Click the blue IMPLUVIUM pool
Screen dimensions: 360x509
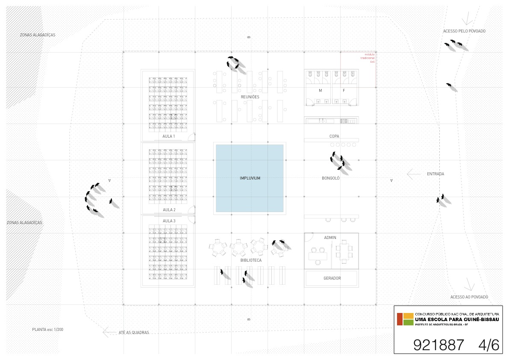point(250,178)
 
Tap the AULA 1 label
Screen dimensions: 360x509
point(169,136)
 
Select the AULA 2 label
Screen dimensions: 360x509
point(169,210)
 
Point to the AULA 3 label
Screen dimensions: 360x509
point(169,221)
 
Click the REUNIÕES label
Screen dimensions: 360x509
point(250,97)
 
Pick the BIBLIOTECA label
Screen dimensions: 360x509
point(251,260)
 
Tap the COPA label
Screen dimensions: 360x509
point(334,136)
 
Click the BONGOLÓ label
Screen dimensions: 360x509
point(330,178)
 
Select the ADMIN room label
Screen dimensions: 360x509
point(330,237)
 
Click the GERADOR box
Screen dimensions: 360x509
point(332,278)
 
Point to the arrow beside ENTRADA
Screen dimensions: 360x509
point(413,174)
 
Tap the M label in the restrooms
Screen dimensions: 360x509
point(320,91)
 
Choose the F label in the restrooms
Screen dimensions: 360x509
point(344,91)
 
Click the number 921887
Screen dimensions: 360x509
point(438,345)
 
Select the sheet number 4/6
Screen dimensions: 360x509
point(488,345)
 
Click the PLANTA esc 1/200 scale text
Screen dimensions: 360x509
point(48,330)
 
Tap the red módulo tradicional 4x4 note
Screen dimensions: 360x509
point(368,58)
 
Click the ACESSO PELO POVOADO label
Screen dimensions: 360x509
point(464,31)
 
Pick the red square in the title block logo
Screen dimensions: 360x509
point(400,319)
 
